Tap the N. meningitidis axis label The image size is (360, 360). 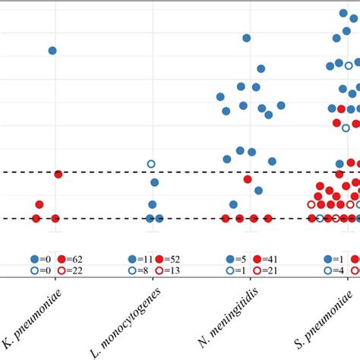(x=227, y=318)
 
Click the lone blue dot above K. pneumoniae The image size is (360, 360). (x=52, y=50)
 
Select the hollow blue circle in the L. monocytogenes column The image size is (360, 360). (x=151, y=163)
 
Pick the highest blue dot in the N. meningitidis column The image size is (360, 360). (x=246, y=37)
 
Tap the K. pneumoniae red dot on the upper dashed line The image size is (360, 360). (x=58, y=174)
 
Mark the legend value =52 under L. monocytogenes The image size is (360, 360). (x=179, y=259)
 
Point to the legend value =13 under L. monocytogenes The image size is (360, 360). (x=179, y=270)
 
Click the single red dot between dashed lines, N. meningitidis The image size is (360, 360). (x=248, y=179)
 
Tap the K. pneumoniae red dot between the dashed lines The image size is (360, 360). (x=39, y=204)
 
